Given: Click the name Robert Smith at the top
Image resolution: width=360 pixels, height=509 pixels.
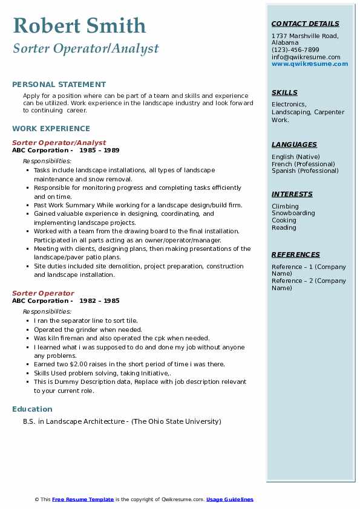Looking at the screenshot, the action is click(79, 25).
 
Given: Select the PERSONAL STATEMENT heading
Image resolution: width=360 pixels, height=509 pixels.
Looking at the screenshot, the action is click(59, 85).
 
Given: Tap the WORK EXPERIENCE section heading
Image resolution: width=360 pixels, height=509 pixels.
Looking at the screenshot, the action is click(51, 129).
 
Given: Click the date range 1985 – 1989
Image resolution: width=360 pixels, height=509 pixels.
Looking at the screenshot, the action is click(99, 151).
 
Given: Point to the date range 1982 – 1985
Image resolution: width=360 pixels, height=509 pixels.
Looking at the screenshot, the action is click(99, 301).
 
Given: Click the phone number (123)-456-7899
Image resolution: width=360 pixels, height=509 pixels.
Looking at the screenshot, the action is click(295, 50).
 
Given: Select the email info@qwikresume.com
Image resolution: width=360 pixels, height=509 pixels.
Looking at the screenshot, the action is click(306, 57).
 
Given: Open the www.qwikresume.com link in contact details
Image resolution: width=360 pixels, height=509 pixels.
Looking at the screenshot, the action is click(310, 64).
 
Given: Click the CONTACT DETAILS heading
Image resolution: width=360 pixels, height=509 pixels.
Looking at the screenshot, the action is click(306, 24).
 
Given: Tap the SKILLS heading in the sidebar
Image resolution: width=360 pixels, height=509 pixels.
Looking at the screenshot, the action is click(284, 93).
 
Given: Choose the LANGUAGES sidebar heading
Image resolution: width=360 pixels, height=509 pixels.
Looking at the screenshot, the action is click(294, 145).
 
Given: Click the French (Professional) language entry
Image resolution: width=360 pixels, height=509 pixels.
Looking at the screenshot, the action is click(303, 164).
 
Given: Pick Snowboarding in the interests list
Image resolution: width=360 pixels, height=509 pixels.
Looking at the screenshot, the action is click(293, 213).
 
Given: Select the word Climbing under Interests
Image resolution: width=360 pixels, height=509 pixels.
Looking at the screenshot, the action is click(285, 207).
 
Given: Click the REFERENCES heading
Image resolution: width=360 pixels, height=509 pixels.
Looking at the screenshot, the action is click(295, 255).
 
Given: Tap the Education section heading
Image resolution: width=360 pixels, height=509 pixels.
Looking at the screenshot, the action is click(32, 409).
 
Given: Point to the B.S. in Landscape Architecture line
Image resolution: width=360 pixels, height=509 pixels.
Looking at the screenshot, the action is click(122, 421).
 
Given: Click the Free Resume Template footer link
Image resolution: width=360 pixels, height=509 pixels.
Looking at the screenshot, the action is click(83, 499).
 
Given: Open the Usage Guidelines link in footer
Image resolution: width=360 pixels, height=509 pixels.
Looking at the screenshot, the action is click(229, 499).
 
